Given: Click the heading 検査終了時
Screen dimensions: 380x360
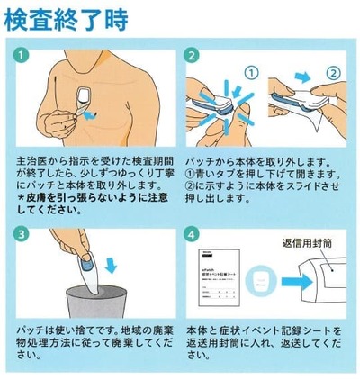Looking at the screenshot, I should [x=65, y=19].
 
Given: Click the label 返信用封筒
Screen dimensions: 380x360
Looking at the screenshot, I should [x=309, y=242].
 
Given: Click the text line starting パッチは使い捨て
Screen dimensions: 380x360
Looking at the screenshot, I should [x=94, y=330].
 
